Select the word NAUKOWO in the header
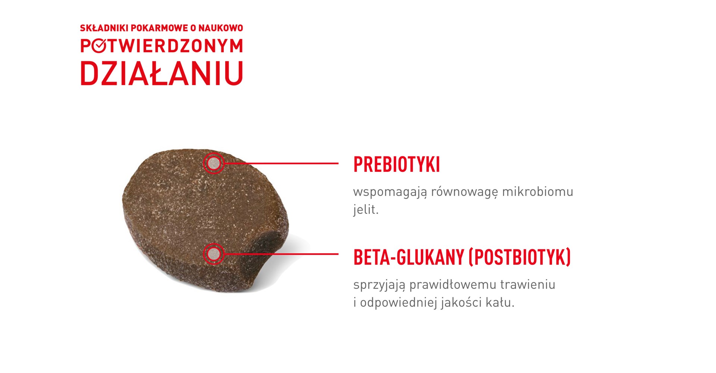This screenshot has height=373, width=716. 220,28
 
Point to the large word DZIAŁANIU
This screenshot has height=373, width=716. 161,74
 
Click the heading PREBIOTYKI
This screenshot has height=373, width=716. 396,165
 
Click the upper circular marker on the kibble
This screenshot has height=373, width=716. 214,163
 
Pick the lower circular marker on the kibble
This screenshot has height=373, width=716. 214,254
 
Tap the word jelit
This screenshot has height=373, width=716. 366,209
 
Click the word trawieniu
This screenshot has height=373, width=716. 528,285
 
